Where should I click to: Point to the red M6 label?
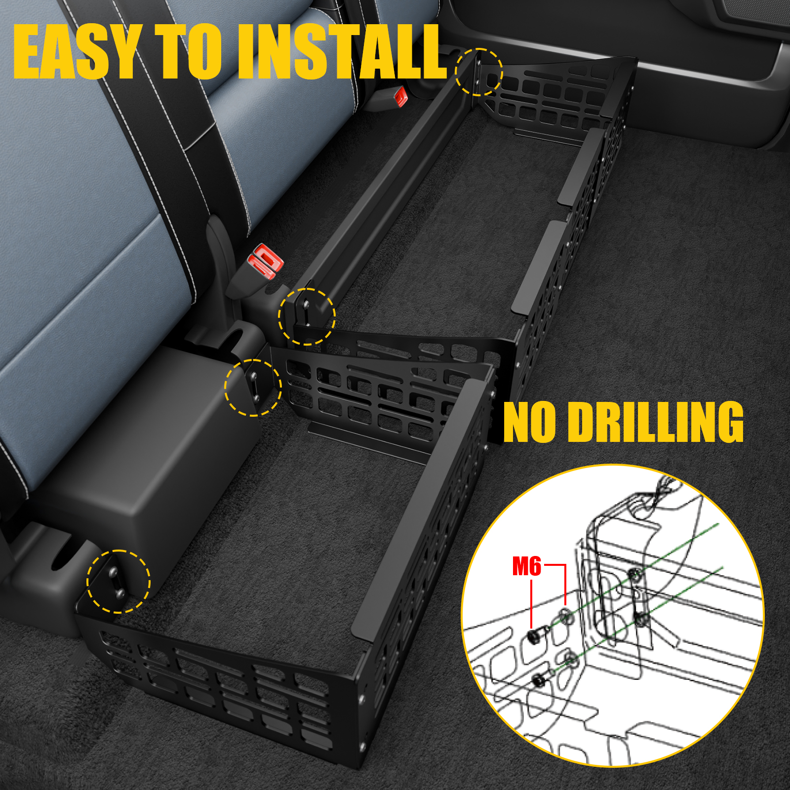click(526, 566)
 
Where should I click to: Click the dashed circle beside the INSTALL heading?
click(478, 72)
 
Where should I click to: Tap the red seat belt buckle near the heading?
click(400, 97)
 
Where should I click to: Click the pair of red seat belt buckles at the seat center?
click(265, 260)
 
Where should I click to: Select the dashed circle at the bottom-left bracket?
click(118, 581)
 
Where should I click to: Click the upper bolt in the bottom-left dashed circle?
click(113, 571)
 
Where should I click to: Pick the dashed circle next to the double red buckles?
click(307, 316)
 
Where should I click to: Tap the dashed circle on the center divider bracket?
click(253, 388)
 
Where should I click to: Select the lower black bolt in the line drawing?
click(540, 682)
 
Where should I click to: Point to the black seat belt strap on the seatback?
click(163, 123)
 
